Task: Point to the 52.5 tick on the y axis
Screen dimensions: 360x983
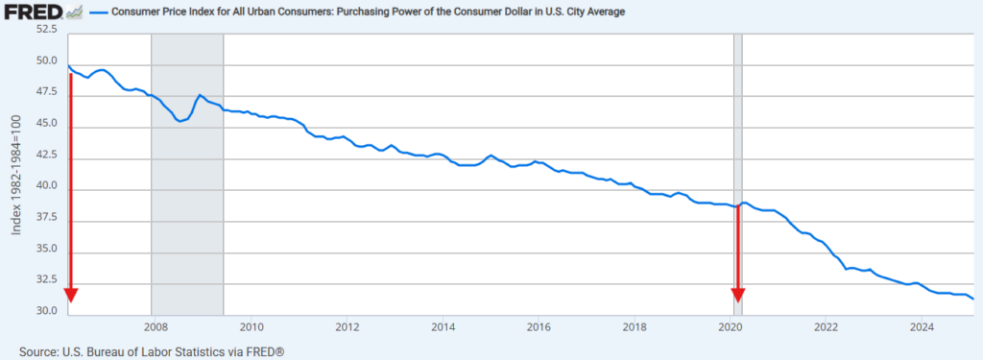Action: pyautogui.click(x=46, y=30)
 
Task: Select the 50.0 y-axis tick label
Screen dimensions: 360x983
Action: pyautogui.click(x=46, y=61)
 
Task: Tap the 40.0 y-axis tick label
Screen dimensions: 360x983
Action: pyautogui.click(x=46, y=186)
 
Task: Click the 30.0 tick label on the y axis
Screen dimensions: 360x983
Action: pyautogui.click(x=46, y=312)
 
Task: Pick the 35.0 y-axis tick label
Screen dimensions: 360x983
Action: pyautogui.click(x=46, y=250)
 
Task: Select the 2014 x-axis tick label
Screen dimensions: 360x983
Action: pyautogui.click(x=443, y=326)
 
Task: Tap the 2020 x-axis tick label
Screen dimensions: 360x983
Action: pyautogui.click(x=731, y=326)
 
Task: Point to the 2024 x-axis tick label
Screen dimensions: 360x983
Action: pyautogui.click(x=922, y=326)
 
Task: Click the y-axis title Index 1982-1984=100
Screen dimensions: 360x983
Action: pyautogui.click(x=16, y=174)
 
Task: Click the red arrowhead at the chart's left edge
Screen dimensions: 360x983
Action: pyautogui.click(x=70, y=295)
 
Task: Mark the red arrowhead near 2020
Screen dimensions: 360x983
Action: pyautogui.click(x=738, y=295)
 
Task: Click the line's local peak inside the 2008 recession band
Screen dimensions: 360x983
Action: pyautogui.click(x=200, y=95)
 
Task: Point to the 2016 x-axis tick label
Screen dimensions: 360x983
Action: pyautogui.click(x=539, y=326)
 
